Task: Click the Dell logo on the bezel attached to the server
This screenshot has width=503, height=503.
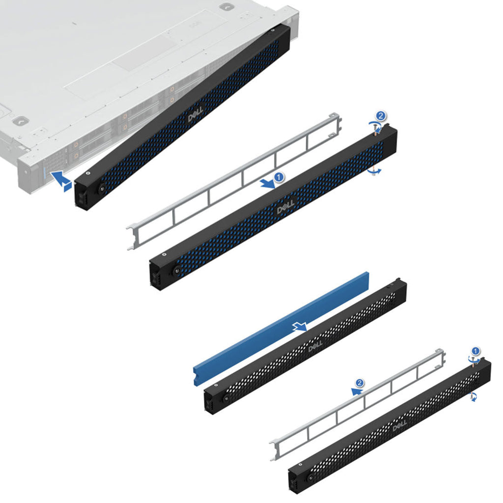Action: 196,114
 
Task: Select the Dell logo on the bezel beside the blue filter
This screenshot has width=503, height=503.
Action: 315,346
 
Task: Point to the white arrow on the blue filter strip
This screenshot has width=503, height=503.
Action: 300,327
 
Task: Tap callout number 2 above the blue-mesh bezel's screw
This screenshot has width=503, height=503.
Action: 381,115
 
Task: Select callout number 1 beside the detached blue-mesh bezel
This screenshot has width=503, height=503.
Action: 279,177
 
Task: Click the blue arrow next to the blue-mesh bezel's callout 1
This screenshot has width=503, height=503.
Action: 267,184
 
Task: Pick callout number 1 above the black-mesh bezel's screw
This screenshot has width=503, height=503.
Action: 475,351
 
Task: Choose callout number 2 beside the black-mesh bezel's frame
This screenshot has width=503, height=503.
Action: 360,383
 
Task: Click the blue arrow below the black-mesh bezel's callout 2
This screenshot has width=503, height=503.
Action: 357,391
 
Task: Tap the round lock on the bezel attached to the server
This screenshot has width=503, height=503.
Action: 102,189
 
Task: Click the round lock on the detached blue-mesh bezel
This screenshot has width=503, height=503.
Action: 176,270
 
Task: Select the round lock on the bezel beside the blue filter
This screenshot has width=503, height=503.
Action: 226,398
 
